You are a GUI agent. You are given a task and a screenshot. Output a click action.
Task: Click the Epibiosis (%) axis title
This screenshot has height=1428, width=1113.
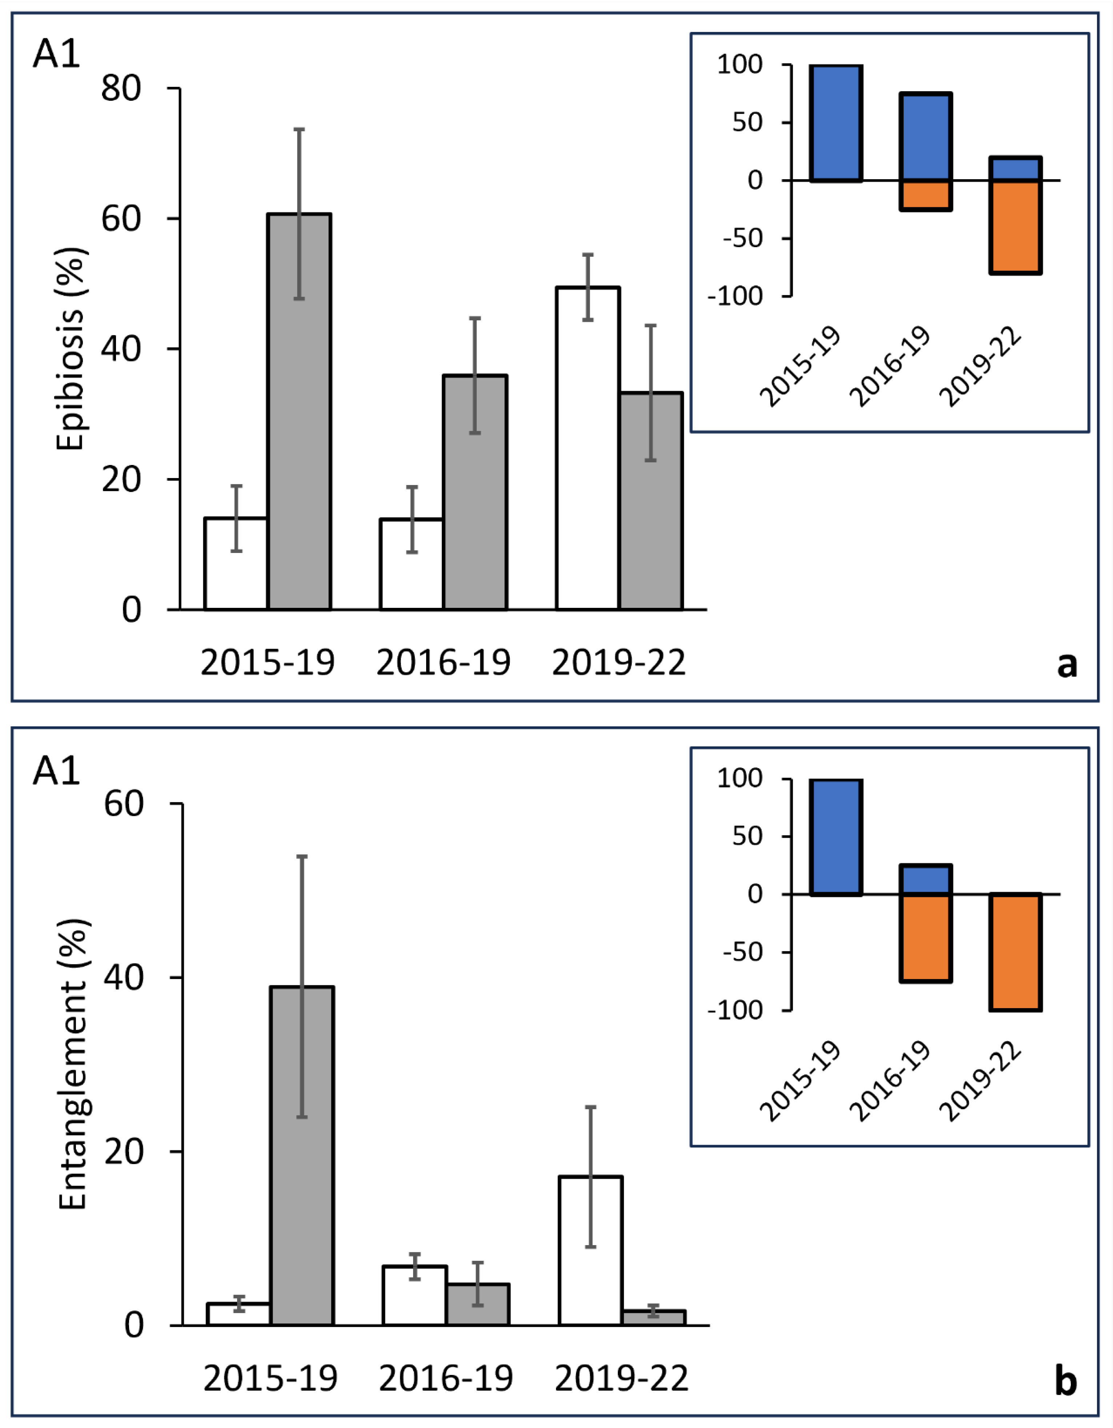pyautogui.click(x=71, y=349)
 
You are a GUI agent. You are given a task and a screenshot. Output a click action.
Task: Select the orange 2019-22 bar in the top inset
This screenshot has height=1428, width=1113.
pyautogui.click(x=1015, y=227)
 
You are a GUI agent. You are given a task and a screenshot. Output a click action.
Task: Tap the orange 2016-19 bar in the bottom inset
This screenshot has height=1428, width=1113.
pyautogui.click(x=925, y=938)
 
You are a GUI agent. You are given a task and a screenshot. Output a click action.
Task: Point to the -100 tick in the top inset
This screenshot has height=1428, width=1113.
pyautogui.click(x=735, y=296)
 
